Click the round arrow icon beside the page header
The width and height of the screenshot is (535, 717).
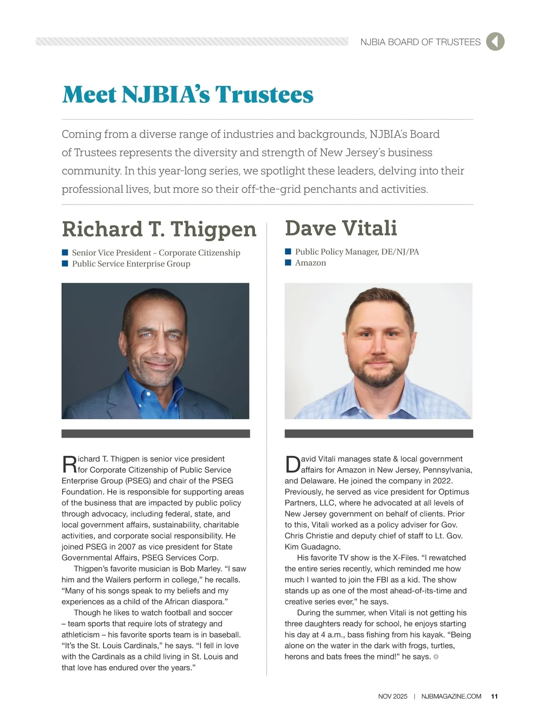(x=495, y=42)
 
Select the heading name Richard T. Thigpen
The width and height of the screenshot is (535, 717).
(x=159, y=229)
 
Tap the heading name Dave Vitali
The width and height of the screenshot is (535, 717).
(x=341, y=228)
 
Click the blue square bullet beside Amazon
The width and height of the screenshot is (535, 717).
(x=288, y=263)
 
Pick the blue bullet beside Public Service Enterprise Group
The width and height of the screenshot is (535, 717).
(x=65, y=263)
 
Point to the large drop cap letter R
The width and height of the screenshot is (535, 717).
(x=70, y=464)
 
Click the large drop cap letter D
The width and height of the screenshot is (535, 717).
(x=293, y=464)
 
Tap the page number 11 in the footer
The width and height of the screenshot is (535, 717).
(x=494, y=696)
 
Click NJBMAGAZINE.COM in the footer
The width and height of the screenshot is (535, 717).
(x=451, y=696)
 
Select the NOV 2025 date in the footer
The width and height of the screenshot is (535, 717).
(x=393, y=696)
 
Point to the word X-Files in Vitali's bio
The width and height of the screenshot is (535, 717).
(x=406, y=558)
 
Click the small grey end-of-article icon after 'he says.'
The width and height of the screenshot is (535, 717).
(x=436, y=657)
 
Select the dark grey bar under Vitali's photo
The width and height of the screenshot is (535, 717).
(x=379, y=434)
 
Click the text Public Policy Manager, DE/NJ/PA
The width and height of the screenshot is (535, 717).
(x=357, y=252)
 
